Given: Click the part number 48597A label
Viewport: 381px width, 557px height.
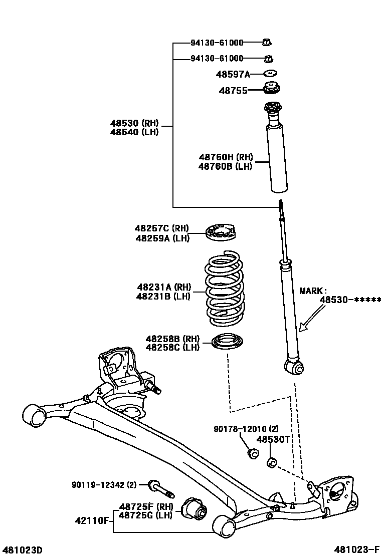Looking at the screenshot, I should [233, 75].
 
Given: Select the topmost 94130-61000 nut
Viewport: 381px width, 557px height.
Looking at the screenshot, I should [268, 43].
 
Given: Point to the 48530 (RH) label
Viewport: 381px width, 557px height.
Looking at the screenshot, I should [134, 123].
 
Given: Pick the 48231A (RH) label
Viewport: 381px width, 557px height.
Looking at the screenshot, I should [164, 287].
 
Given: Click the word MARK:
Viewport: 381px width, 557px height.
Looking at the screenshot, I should [313, 290].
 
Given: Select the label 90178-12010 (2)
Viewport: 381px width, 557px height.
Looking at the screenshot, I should [246, 429].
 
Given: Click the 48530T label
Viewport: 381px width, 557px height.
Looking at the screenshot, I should [273, 439].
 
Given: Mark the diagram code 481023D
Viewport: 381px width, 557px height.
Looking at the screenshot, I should [22, 550].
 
